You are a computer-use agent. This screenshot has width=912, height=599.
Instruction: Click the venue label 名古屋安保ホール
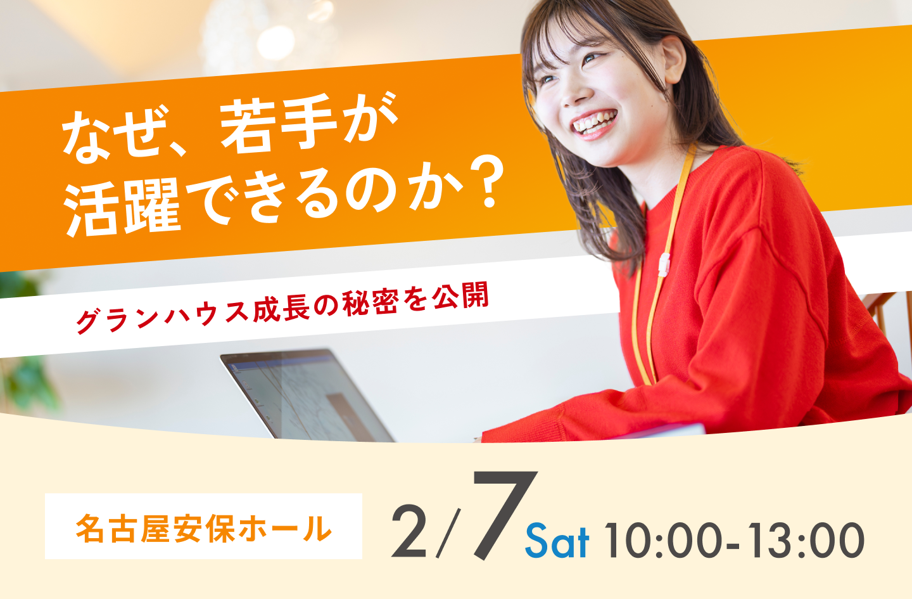[203, 527]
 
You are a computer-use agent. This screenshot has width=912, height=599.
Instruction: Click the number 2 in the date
[409, 532]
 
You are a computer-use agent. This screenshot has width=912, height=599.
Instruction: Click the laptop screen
[304, 397]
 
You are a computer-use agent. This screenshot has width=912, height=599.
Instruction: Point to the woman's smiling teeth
[593, 122]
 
